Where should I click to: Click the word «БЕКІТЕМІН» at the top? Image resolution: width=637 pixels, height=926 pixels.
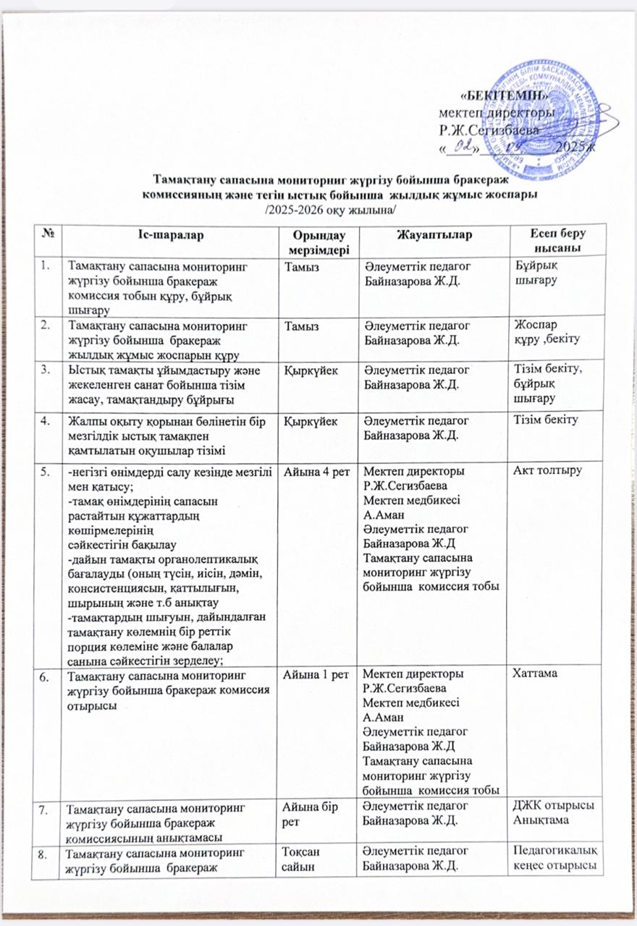(x=493, y=95)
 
